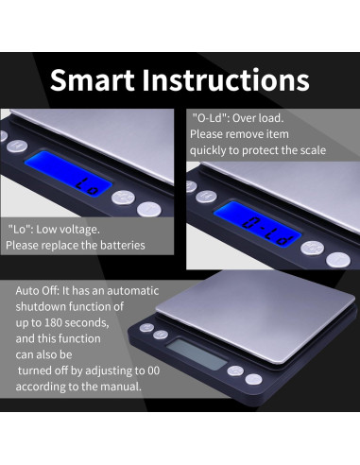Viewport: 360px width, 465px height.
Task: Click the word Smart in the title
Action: pos(93,80)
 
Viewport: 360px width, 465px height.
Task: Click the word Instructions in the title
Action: pos(226,80)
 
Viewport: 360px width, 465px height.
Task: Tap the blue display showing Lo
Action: pos(68,174)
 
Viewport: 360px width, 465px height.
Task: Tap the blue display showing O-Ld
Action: pos(257,225)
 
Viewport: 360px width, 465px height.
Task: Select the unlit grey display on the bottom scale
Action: pos(197,354)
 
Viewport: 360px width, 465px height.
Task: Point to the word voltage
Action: pos(79,230)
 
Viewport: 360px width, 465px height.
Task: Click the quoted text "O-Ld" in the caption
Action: pos(210,118)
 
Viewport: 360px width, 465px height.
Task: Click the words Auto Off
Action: pos(37,290)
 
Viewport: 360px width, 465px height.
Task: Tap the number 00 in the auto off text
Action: pos(153,370)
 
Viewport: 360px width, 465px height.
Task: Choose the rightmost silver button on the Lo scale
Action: pos(149,210)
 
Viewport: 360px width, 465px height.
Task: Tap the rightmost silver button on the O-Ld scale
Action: pos(338,260)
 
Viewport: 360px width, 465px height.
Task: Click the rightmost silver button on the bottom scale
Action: pos(253,379)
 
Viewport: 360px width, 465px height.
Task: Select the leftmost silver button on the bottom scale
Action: pos(146,328)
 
